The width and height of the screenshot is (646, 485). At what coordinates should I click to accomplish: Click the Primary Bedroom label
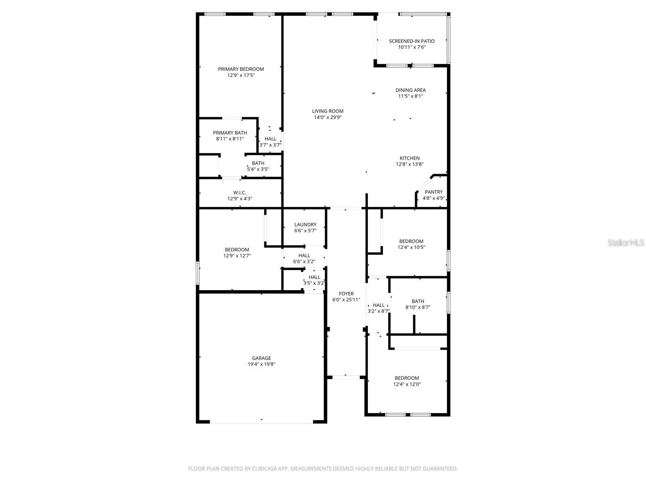[x=241, y=69]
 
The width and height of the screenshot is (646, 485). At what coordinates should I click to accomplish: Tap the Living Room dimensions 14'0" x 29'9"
[x=327, y=118]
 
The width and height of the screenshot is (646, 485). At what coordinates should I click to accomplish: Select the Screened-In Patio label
[x=411, y=41]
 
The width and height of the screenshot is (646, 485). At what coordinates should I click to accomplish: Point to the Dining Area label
[x=410, y=90]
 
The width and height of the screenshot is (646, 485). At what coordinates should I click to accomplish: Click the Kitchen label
[x=409, y=158]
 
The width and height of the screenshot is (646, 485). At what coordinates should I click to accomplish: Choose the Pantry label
[x=433, y=192]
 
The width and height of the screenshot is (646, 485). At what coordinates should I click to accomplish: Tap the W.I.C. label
[x=239, y=193]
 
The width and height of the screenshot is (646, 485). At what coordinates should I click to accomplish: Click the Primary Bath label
[x=230, y=133]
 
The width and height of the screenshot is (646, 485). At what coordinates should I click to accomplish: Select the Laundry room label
[x=305, y=225]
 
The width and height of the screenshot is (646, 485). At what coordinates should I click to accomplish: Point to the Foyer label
[x=346, y=294]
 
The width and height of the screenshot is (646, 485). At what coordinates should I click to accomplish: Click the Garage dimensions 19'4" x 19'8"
[x=261, y=364]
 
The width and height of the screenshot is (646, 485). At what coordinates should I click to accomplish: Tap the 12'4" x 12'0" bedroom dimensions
[x=407, y=384]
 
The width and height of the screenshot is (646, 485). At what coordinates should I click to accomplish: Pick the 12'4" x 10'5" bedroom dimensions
[x=411, y=247]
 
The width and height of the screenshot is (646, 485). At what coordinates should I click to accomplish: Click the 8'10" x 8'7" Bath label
[x=417, y=301]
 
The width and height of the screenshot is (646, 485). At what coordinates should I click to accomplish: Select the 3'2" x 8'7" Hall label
[x=378, y=305]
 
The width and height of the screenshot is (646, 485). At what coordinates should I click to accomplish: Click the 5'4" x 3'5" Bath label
[x=258, y=163]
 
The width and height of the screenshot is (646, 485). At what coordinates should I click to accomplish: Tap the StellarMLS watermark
[x=626, y=243]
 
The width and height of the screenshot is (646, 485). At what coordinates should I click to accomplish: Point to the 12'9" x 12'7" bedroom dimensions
[x=237, y=256]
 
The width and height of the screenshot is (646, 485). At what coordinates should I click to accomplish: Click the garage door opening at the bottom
[x=261, y=422]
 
